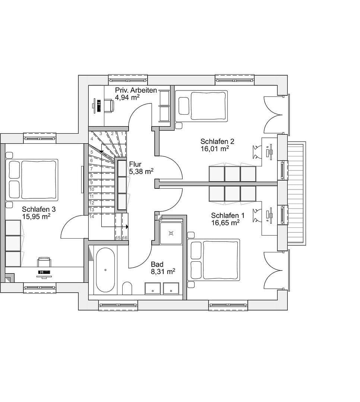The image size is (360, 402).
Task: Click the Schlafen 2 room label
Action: click(217, 141)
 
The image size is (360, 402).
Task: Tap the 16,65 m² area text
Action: click(225, 223)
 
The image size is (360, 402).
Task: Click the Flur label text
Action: click(135, 164)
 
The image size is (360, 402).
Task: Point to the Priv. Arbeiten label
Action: click(136, 90)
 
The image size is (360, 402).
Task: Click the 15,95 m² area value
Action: click(36, 216)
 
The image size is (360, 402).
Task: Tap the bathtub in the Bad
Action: click(105, 269)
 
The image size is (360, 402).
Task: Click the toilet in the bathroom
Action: click(127, 288)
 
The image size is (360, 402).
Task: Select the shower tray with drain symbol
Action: click(171, 233)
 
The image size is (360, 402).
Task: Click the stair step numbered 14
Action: click(91, 217)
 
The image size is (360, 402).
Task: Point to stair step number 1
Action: click(122, 133)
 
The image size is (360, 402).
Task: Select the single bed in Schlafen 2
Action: click(202, 105)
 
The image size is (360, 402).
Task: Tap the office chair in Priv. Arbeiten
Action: click(108, 105)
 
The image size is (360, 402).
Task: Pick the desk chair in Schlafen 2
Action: click(257, 151)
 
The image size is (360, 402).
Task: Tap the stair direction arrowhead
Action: click(127, 226)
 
